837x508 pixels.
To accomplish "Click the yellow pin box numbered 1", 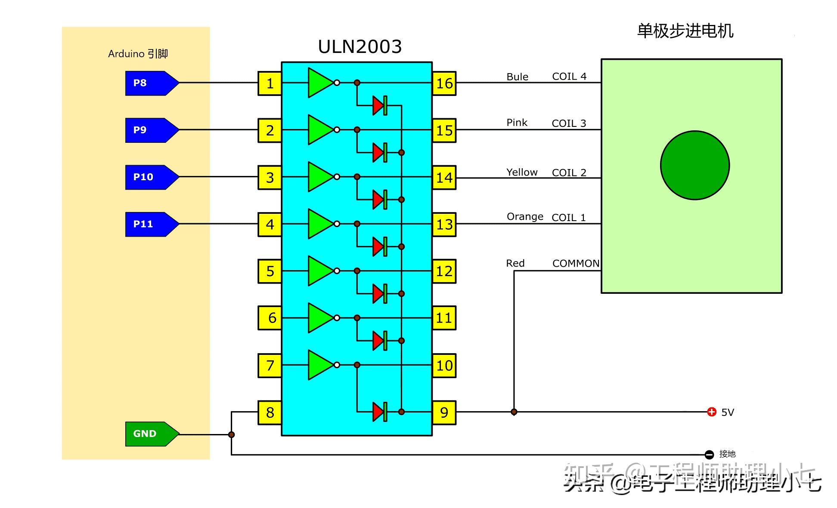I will pyautogui.click(x=270, y=83).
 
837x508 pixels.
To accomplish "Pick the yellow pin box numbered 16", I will pyautogui.click(x=444, y=83).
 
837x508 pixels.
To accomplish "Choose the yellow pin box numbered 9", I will pyautogui.click(x=444, y=413).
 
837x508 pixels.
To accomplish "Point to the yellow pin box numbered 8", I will pyautogui.click(x=270, y=413).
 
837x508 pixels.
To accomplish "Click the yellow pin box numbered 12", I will pyautogui.click(x=444, y=271).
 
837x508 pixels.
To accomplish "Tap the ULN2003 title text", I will pyautogui.click(x=360, y=46).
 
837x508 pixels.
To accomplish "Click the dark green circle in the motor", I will pyautogui.click(x=694, y=165).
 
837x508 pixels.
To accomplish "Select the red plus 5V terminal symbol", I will pyautogui.click(x=712, y=412).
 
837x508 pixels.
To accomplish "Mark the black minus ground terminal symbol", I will pyautogui.click(x=709, y=454).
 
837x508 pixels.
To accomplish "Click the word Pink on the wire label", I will pyautogui.click(x=517, y=123).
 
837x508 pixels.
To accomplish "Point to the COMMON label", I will pyautogui.click(x=576, y=263).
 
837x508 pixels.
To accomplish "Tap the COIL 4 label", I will pyautogui.click(x=569, y=76).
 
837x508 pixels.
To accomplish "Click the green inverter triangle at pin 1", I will pyautogui.click(x=319, y=83).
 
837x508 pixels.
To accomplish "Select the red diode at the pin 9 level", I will pyautogui.click(x=378, y=412).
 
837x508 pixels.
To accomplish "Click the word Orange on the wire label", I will pyautogui.click(x=524, y=216).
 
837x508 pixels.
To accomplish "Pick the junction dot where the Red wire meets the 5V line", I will pyautogui.click(x=514, y=412).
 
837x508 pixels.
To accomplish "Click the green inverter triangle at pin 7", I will pyautogui.click(x=319, y=365).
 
